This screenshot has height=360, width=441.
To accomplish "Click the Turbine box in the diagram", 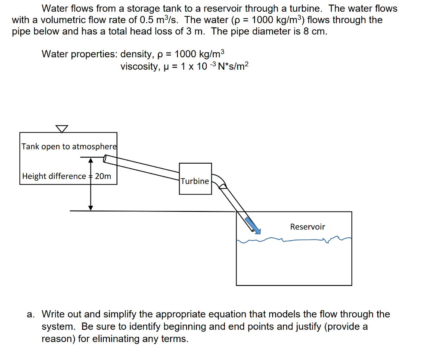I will pos(195,179).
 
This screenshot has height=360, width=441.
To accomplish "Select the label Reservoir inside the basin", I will pos(307,227).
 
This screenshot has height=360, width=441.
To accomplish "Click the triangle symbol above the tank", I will pos(62,129).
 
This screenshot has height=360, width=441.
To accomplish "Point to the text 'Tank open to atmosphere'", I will pos(69,146).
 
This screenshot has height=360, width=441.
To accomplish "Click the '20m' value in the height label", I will pos(103,176).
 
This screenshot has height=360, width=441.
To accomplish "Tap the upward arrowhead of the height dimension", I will pos(90,161).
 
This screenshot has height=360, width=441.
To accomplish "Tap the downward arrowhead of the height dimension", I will pos(90,207).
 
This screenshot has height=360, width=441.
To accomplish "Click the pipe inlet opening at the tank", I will pos(105,159).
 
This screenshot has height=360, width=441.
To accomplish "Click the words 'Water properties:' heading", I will pos(79,54).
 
